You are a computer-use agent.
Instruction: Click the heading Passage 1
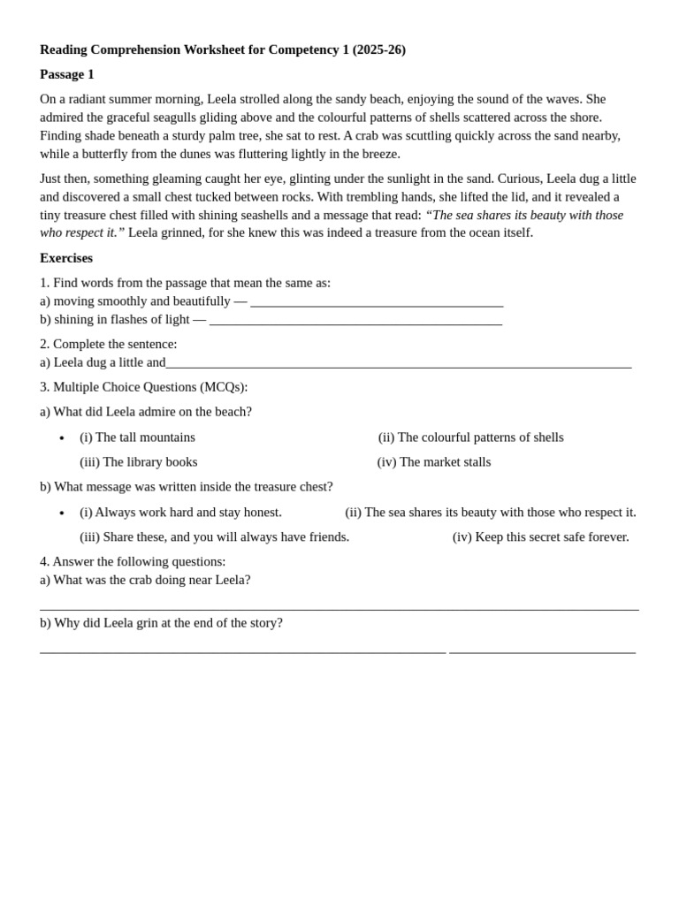tap(66, 74)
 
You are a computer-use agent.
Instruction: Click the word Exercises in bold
tap(66, 258)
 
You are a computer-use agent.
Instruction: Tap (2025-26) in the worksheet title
tap(379, 49)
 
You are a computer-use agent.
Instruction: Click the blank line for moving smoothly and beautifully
tap(377, 301)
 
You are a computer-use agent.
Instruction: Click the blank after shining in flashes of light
tap(355, 320)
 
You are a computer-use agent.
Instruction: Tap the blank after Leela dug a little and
tap(398, 362)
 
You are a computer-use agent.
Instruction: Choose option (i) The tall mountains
tap(137, 437)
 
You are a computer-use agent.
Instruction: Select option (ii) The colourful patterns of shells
tap(470, 437)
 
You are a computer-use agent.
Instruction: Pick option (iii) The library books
tap(139, 462)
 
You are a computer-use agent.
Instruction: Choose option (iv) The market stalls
tap(433, 462)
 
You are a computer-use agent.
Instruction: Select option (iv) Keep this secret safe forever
tap(540, 537)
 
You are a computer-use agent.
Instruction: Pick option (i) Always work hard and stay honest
tap(180, 513)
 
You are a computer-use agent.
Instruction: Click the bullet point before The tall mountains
tap(62, 438)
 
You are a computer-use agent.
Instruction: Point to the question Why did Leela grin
tap(161, 623)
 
